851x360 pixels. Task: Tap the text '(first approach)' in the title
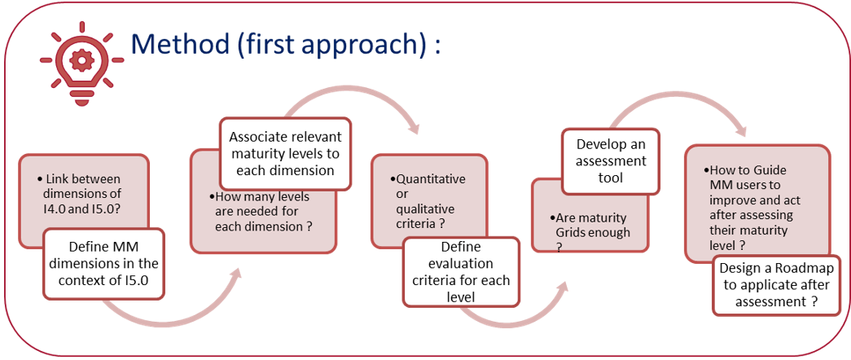tap(334, 44)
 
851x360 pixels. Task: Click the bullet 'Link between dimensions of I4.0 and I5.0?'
tap(83, 193)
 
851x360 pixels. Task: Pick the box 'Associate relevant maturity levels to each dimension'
tap(285, 152)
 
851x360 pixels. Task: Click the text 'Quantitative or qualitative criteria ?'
tap(419, 200)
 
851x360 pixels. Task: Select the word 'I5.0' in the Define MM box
tap(135, 280)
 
